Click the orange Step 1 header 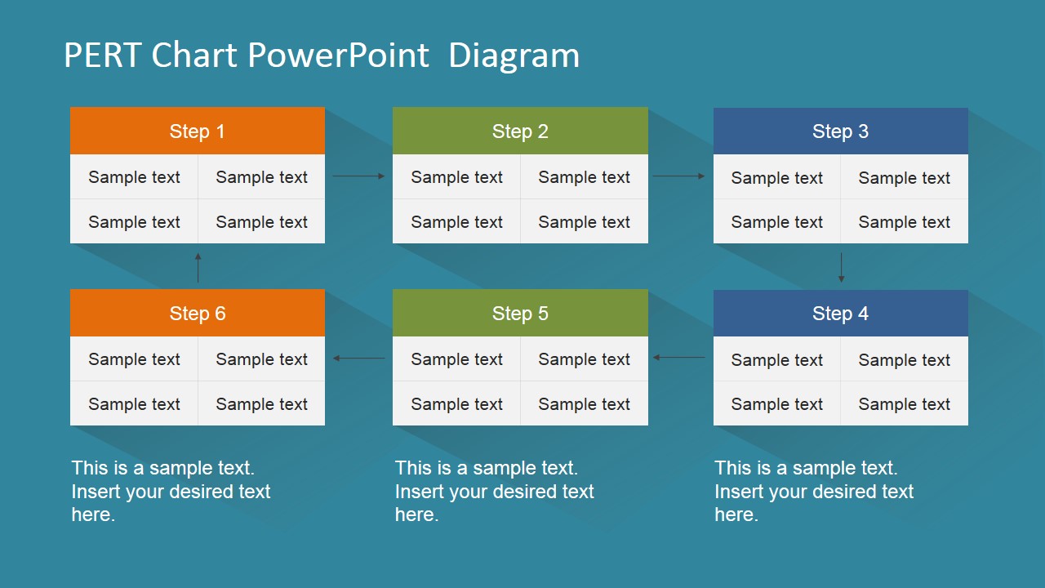198,131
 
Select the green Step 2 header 520,131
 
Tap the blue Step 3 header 841,131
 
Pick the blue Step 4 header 841,313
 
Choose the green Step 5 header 520,313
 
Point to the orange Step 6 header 198,313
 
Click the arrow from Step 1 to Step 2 358,176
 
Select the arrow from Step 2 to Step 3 678,176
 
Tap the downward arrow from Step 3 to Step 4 841,268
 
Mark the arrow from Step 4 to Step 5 678,358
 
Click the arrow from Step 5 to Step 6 358,358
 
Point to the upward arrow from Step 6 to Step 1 198,268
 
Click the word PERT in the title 103,55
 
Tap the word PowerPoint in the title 338,55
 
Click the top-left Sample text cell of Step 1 134,177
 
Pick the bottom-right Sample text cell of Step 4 904,403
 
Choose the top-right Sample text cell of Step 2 584,177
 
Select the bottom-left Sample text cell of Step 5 456,403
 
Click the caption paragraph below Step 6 171,491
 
